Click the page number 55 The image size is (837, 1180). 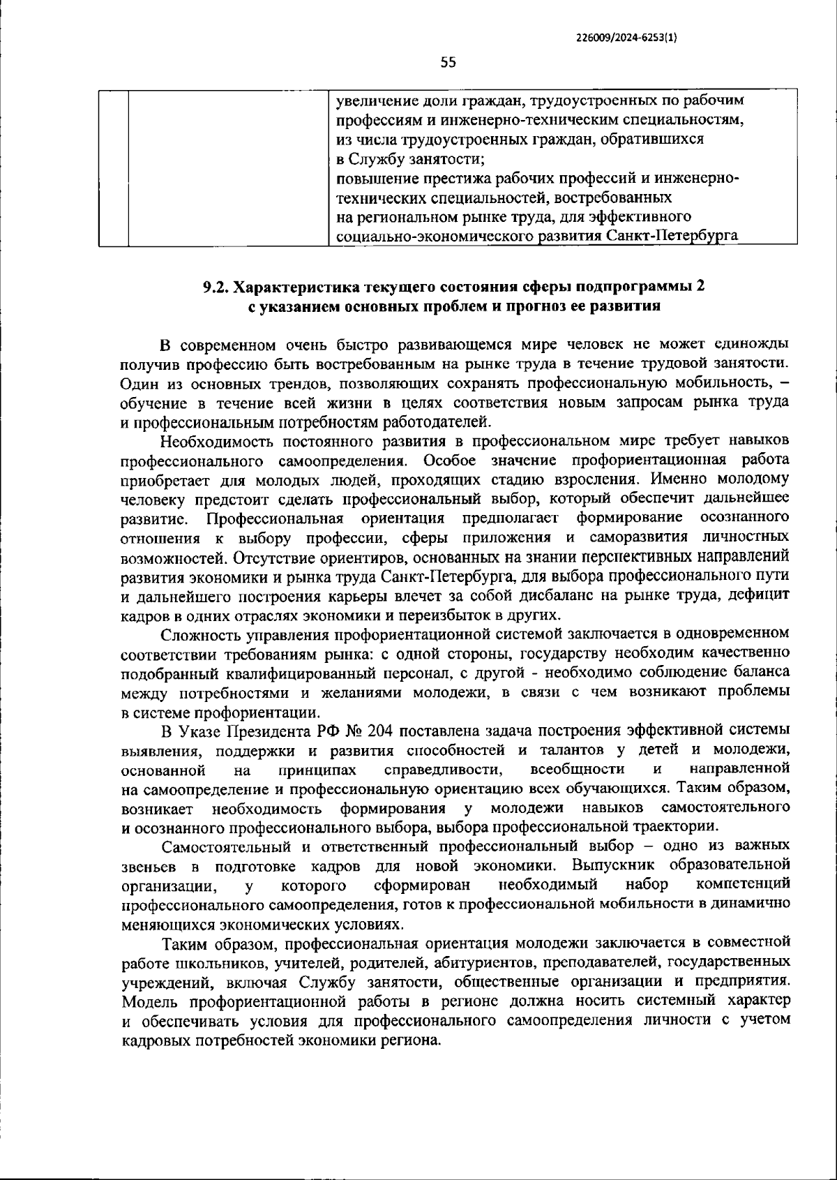tap(448, 63)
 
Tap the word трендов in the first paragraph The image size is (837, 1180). tap(304, 383)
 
